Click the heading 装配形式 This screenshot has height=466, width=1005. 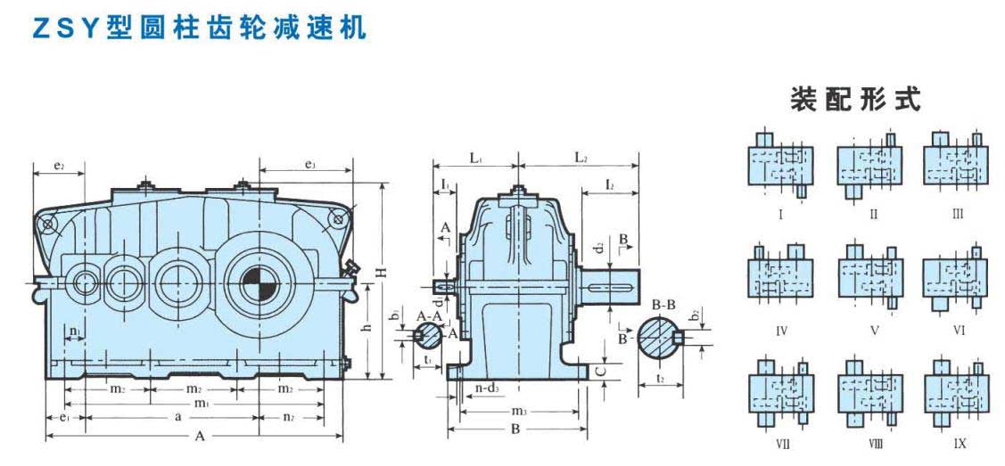(853, 100)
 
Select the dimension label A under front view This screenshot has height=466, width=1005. (199, 437)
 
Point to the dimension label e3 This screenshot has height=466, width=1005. (310, 164)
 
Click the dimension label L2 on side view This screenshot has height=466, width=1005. (581, 159)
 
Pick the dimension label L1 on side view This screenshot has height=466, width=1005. (475, 159)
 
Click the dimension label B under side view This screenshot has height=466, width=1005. (515, 429)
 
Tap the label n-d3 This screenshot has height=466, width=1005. (486, 388)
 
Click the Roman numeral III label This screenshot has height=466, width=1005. (958, 214)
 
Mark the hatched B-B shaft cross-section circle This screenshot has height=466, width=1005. (659, 338)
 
